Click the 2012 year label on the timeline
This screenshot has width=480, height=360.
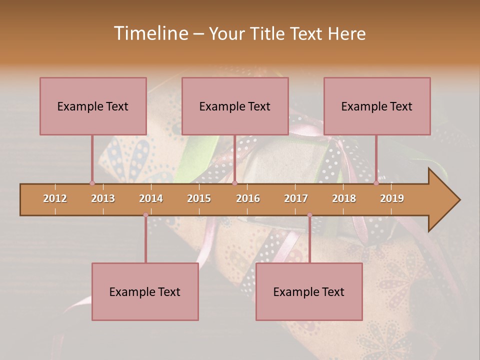pos(55,198)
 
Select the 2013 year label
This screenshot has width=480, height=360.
pos(103,198)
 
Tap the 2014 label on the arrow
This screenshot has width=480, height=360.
pos(151,198)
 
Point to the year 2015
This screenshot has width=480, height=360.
pos(199,198)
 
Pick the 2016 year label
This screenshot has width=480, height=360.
pos(248,198)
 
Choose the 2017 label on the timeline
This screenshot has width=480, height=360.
pos(296,198)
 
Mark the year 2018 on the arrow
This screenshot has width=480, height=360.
pos(344,198)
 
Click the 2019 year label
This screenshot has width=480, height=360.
pos(392,198)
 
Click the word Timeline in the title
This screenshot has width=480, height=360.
pos(150,33)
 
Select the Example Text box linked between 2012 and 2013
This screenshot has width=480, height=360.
pos(93,106)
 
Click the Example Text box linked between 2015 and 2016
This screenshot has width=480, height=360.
pos(235,106)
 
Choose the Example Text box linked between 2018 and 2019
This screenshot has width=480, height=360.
pos(377,106)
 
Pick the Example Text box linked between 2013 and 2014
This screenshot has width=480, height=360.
pos(145,291)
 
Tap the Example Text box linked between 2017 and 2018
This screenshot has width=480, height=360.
pos(309,291)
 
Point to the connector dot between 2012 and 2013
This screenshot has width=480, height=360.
pos(92,183)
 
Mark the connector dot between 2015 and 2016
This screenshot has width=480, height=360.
pos(234,183)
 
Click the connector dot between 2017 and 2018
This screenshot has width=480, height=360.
pos(309,215)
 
